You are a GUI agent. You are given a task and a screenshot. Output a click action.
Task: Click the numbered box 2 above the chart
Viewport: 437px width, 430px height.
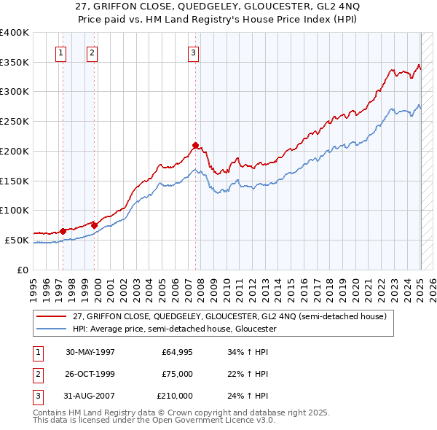(92, 52)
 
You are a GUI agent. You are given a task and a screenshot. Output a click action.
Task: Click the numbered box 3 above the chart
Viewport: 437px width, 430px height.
(193, 52)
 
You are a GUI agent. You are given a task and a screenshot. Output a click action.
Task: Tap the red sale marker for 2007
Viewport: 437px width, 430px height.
(196, 145)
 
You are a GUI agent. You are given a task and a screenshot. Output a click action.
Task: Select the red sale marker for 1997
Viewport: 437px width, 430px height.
(63, 231)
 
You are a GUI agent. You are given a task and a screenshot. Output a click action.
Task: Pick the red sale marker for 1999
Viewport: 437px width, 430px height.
(95, 225)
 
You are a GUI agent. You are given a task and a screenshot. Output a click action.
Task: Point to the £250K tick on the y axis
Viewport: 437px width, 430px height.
(15, 122)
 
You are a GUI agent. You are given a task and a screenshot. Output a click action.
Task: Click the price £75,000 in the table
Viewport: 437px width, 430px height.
(178, 374)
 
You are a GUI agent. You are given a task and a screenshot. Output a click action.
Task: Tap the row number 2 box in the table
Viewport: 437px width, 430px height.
(37, 374)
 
